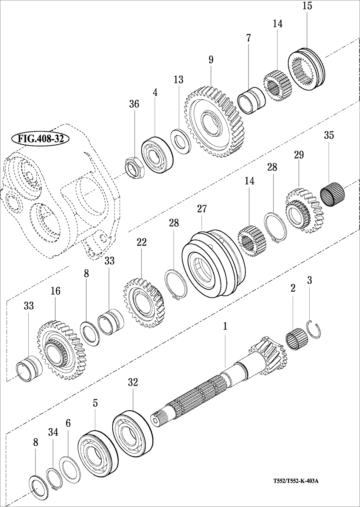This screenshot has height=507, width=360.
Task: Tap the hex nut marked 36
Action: click(x=133, y=167)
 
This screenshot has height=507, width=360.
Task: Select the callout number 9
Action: click(x=211, y=60)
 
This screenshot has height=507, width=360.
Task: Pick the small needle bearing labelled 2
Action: click(x=296, y=337)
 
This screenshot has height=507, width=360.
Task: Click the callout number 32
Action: click(x=133, y=382)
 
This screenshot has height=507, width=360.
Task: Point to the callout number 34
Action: click(x=53, y=433)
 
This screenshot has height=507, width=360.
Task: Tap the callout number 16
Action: click(x=55, y=291)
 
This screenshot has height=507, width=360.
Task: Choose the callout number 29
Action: click(x=299, y=155)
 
